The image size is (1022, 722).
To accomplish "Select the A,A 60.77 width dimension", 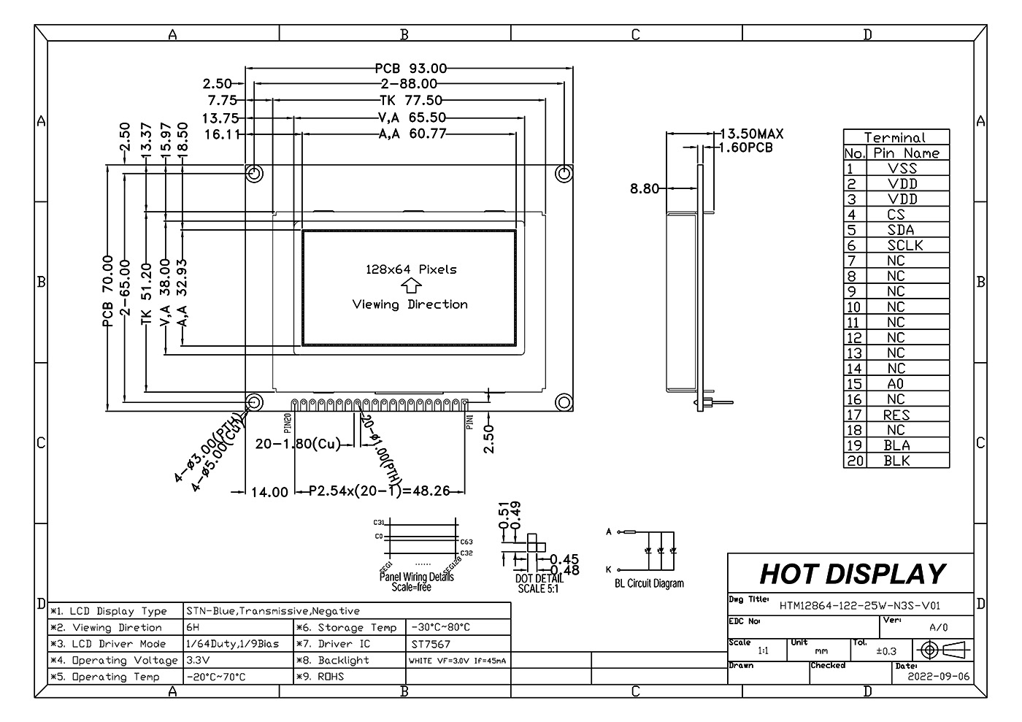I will (412, 134).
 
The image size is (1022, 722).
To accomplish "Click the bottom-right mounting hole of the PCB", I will (564, 402).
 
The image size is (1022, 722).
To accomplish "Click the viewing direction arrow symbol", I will (411, 286).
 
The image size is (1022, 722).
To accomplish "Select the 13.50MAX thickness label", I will (751, 134).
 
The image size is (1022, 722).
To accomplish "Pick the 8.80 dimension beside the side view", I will (644, 188).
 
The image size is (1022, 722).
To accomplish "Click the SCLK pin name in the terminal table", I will (905, 245).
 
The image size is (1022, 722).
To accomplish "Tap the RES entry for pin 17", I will (896, 415).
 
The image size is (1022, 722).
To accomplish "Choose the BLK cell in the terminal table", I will (896, 461).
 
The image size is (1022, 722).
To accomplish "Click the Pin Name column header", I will (906, 153).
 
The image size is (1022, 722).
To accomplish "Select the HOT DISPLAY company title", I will (852, 574).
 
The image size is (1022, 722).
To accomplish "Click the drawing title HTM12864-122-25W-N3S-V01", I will (859, 605).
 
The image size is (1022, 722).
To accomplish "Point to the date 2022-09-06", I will (938, 676).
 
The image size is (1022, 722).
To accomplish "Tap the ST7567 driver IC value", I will (431, 644).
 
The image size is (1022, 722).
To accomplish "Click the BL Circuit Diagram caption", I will (649, 583).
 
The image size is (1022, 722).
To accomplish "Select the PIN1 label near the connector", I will (469, 422).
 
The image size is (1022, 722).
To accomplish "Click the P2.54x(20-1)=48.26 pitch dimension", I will (380, 491).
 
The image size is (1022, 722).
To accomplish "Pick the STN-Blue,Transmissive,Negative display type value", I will (273, 611).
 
